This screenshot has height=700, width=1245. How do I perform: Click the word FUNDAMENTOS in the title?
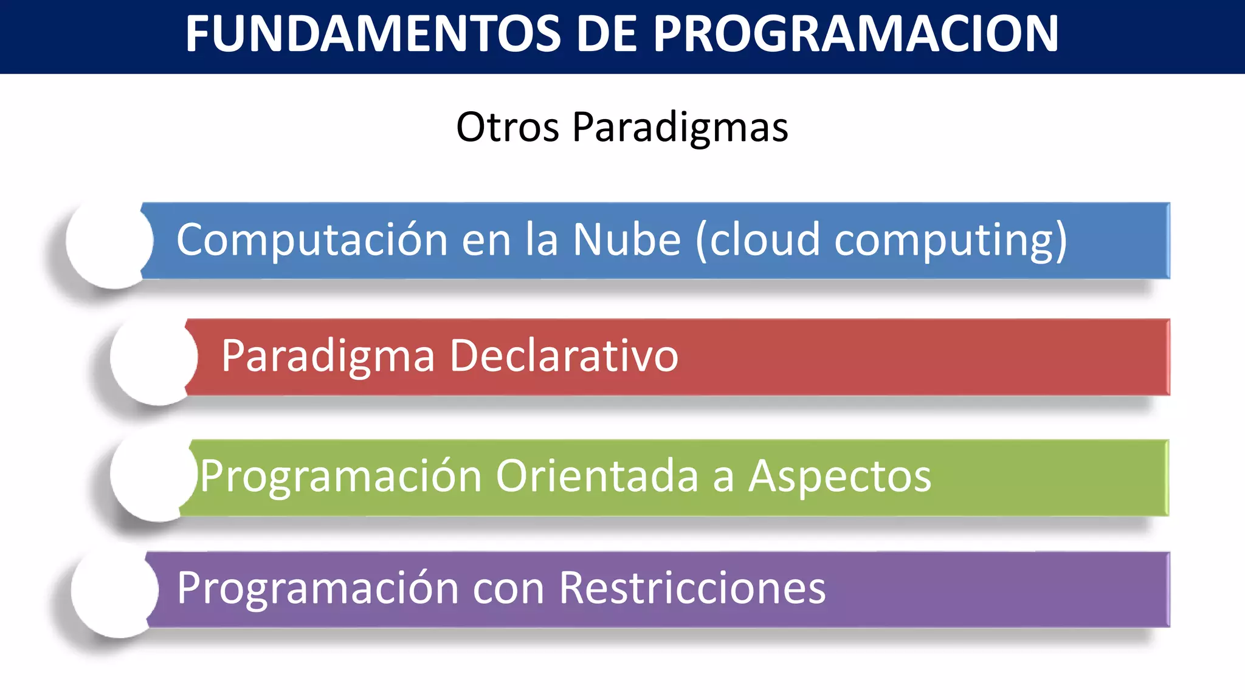[373, 34]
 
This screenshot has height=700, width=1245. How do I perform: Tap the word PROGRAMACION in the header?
[856, 34]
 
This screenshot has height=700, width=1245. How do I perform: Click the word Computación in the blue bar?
[312, 241]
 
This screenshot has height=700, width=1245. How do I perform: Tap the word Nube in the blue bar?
[627, 239]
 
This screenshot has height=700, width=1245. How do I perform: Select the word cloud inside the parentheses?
[765, 239]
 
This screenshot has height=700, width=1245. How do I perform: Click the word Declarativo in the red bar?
[564, 356]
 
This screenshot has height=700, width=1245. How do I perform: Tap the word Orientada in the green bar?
[597, 476]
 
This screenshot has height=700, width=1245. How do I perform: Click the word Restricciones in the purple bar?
[692, 588]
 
